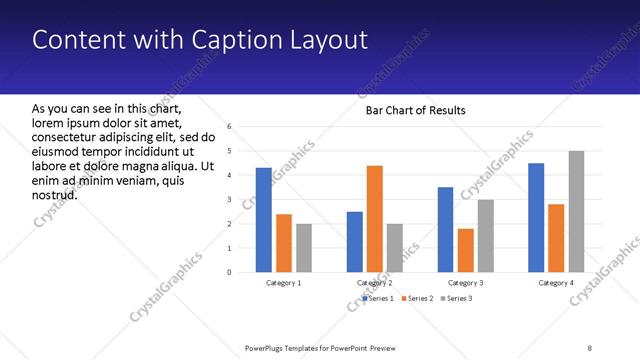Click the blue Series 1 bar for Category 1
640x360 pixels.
[263, 220]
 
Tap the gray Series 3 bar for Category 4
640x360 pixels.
[576, 211]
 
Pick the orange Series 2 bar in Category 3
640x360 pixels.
[465, 250]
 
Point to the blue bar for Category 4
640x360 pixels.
[536, 217]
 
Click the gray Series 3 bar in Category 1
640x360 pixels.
[304, 248]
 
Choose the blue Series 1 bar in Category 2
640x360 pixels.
[355, 241]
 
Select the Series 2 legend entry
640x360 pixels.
[417, 298]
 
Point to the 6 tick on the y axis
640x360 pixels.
[230, 127]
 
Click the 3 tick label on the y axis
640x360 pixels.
[230, 199]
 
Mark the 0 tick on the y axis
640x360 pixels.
[230, 272]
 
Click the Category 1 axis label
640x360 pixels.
[284, 283]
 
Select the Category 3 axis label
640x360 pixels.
[466, 283]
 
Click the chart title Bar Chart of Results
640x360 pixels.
[415, 110]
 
